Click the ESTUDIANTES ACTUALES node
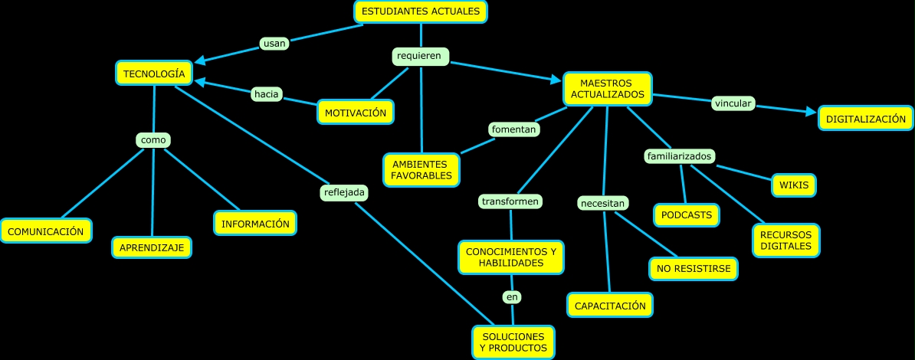point(421,11)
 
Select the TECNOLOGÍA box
point(154,74)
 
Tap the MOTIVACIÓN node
point(356,113)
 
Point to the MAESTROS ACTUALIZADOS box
point(607,89)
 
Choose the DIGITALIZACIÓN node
point(866,119)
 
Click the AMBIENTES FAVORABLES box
point(421,170)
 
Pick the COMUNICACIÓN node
point(46,231)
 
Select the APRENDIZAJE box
point(152,247)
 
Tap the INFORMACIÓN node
point(255,224)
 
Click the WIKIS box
point(793,185)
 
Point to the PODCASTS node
point(687,215)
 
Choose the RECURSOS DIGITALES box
point(785,241)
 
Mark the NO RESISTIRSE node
point(694,269)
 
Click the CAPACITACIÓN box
point(610,306)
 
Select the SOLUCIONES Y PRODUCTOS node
point(513,342)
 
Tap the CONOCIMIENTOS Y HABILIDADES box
point(511,257)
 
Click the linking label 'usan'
point(274,44)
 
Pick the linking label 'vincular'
point(733,103)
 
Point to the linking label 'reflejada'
point(344,192)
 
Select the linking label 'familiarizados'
point(681,156)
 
